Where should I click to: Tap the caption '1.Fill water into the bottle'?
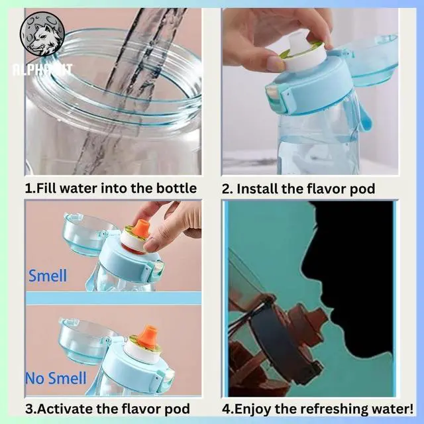[111, 188]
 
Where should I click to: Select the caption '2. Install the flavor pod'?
[298, 189]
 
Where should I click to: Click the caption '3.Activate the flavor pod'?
[107, 408]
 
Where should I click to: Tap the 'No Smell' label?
[56, 378]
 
